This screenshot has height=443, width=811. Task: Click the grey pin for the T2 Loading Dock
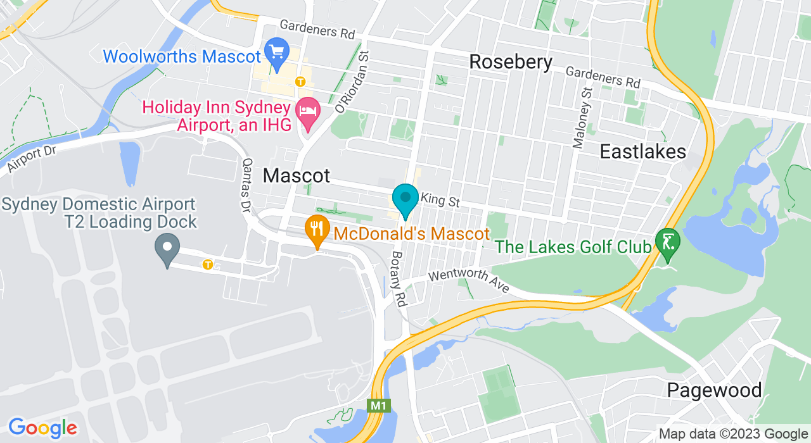point(167,249)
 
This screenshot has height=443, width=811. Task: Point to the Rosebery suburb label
point(511,62)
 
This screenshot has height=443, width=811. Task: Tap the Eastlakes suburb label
point(643,152)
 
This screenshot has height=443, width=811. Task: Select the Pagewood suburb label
point(714,390)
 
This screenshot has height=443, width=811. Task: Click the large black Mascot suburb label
point(297,175)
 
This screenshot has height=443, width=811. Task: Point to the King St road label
point(440,201)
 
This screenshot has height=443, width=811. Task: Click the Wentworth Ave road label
point(469,282)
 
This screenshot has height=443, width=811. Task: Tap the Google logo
point(42,428)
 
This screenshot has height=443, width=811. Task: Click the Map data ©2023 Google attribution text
point(733,434)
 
